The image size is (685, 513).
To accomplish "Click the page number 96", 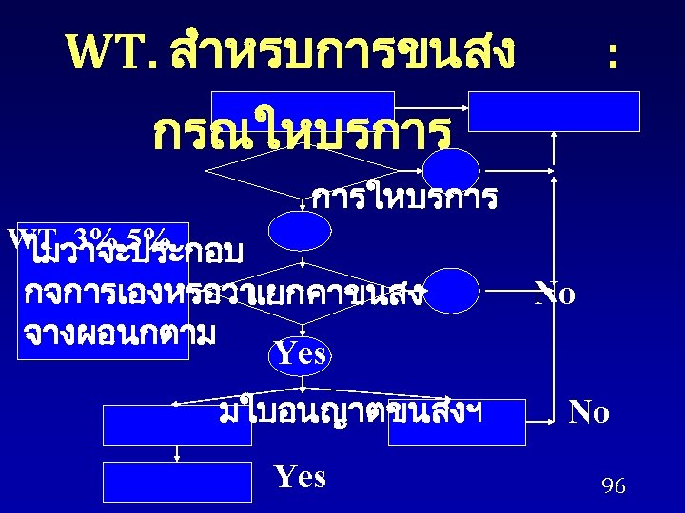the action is click(x=614, y=487).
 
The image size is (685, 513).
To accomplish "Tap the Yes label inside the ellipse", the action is click(x=301, y=354).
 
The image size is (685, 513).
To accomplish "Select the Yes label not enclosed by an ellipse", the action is click(x=300, y=476).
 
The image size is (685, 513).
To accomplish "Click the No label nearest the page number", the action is click(x=589, y=412).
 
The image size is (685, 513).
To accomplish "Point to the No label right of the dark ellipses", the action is click(x=555, y=294).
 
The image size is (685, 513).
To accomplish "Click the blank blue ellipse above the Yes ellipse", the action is click(x=300, y=231).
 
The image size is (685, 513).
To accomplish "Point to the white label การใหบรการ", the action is click(x=404, y=199).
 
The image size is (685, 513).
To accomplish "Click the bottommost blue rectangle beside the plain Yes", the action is click(x=178, y=481).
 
